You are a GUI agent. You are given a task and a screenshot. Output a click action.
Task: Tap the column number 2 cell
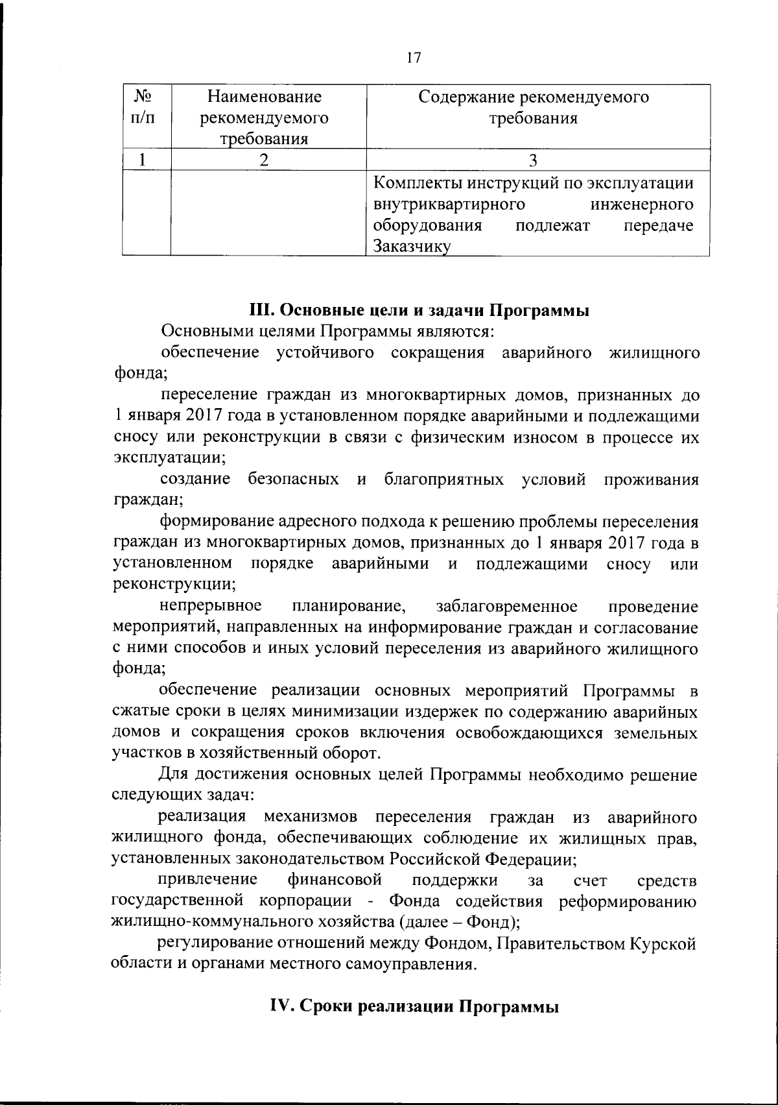point(263,160)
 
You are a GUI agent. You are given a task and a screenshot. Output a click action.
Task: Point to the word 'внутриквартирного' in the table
point(449,205)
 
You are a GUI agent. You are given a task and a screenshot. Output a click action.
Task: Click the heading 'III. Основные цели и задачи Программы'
point(419,311)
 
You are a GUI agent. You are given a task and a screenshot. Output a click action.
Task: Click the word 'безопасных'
point(293,480)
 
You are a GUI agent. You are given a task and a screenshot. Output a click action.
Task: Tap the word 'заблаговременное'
point(507,607)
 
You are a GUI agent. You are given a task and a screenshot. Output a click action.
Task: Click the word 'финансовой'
point(335,880)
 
